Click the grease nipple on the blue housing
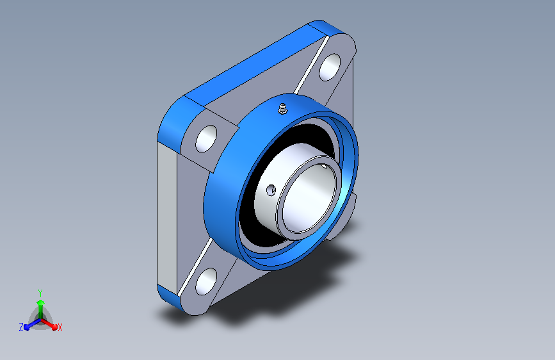(x=282, y=108)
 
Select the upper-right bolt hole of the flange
(x=330, y=67)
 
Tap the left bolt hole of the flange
(x=206, y=138)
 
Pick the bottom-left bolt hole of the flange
(x=206, y=281)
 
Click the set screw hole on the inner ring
(x=271, y=190)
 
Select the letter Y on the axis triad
(x=40, y=293)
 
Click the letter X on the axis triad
(x=60, y=328)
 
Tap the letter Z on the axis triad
(x=21, y=327)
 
